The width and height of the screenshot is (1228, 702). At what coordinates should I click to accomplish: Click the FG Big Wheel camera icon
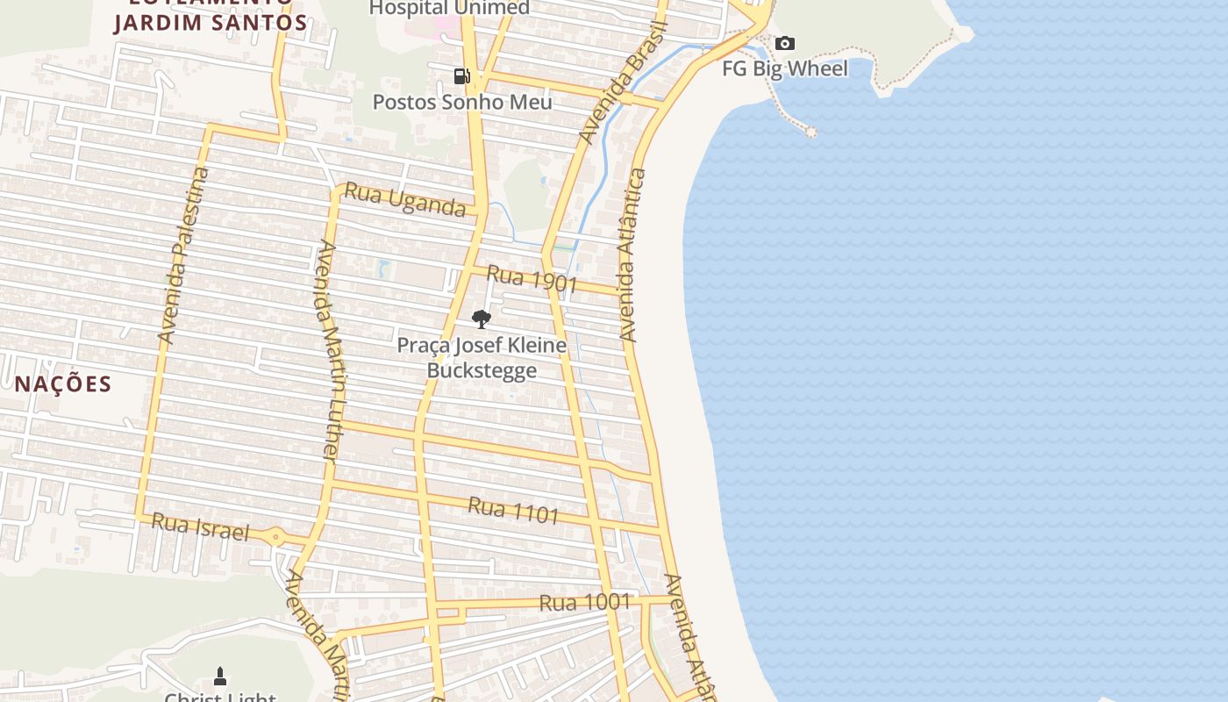click(x=785, y=43)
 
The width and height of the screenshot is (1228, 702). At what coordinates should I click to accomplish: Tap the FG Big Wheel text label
click(x=785, y=68)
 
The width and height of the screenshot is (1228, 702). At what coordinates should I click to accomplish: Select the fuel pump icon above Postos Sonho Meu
click(x=461, y=75)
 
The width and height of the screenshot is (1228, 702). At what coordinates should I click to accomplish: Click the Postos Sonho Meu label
click(x=462, y=102)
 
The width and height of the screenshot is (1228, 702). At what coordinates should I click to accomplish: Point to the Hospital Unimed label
click(x=449, y=9)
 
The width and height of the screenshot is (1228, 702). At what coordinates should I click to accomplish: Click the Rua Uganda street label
click(x=404, y=199)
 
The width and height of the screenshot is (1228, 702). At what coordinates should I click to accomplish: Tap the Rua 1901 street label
click(x=532, y=279)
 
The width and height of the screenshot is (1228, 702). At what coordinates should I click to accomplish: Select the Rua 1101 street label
click(x=513, y=510)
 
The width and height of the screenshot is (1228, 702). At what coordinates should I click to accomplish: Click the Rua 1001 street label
click(x=584, y=602)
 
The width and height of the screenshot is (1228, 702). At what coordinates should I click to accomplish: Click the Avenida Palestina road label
click(x=184, y=254)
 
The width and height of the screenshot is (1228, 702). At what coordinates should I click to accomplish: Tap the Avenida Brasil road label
click(x=623, y=82)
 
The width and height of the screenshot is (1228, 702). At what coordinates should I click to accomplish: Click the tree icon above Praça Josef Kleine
click(x=481, y=319)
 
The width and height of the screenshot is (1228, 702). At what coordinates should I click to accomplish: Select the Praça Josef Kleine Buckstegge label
click(x=482, y=357)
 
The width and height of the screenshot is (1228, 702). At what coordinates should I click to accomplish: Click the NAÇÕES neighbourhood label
click(x=63, y=383)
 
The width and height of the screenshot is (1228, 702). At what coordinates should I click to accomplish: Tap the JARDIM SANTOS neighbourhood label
click(x=211, y=23)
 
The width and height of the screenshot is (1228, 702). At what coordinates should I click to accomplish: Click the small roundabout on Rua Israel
click(x=275, y=536)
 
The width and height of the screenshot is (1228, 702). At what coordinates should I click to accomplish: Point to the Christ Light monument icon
click(x=220, y=676)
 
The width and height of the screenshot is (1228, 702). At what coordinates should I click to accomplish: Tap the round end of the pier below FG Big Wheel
click(x=811, y=133)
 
